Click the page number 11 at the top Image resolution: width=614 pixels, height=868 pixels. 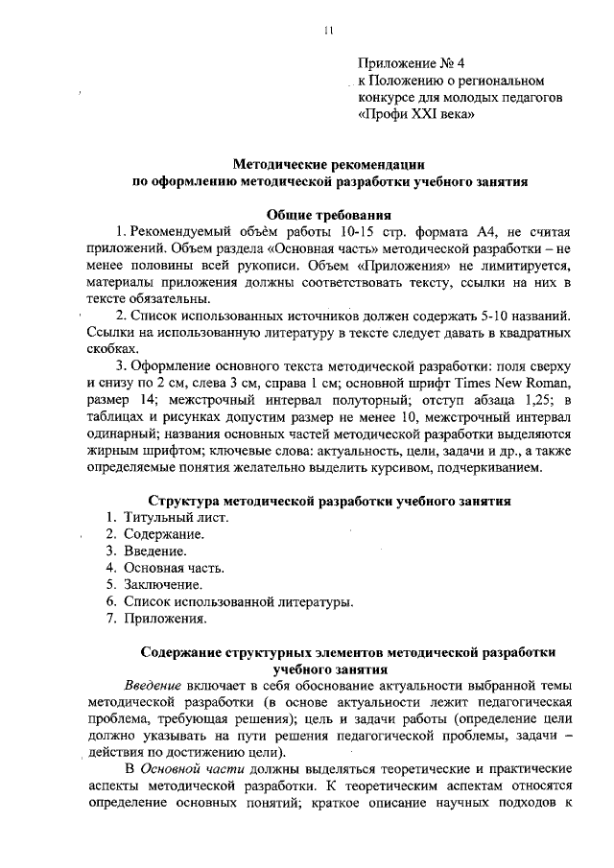(328, 30)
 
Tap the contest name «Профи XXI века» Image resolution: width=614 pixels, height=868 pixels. (415, 113)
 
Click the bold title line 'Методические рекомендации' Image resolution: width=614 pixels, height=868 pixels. (329, 163)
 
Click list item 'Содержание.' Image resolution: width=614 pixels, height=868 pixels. (163, 534)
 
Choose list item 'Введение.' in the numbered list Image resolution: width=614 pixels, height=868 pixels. (155, 551)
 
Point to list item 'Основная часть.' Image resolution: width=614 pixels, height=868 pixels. (175, 568)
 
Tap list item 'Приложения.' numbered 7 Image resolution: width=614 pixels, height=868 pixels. (165, 619)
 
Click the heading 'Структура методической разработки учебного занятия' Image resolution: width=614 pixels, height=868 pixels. (329, 501)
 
